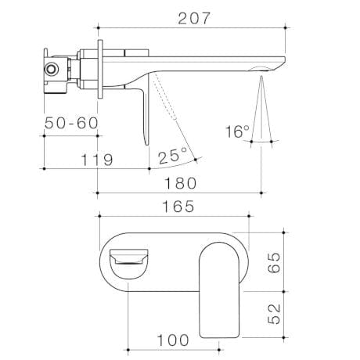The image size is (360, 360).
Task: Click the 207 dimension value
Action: [193, 19]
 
